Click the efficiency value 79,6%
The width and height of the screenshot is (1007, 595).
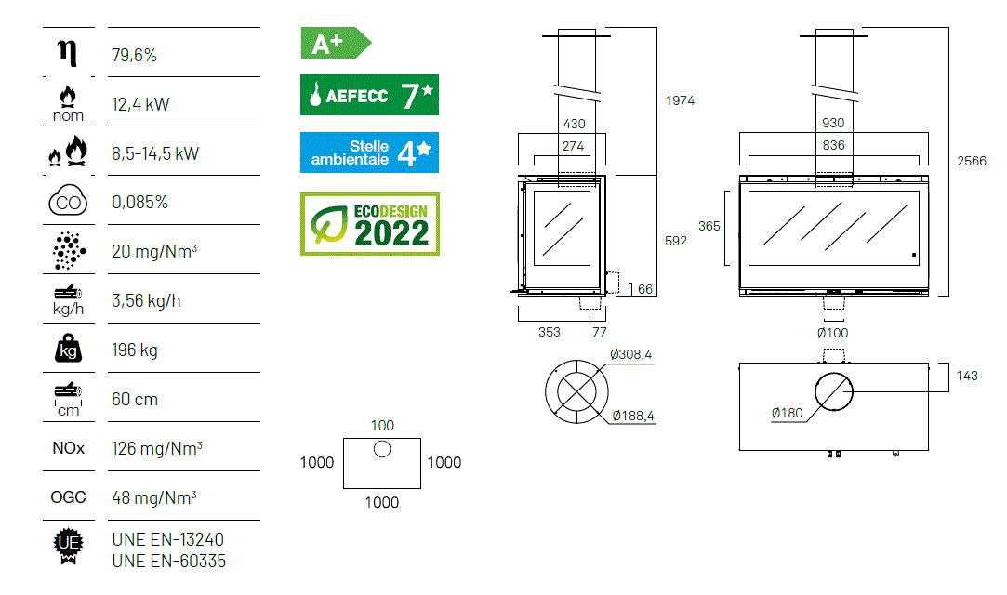[x=134, y=55]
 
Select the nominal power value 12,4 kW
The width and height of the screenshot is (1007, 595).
[x=140, y=104]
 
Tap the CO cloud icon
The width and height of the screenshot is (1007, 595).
[x=68, y=200]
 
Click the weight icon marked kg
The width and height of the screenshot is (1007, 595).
[x=68, y=349]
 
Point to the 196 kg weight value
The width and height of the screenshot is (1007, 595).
[x=135, y=350]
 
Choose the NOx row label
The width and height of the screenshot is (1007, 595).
[x=68, y=448]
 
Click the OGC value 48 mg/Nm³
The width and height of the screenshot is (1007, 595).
[x=154, y=497]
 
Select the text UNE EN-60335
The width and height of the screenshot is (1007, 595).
[x=169, y=561]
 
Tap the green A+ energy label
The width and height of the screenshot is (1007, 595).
[x=336, y=43]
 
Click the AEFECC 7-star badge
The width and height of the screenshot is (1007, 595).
[x=369, y=95]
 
